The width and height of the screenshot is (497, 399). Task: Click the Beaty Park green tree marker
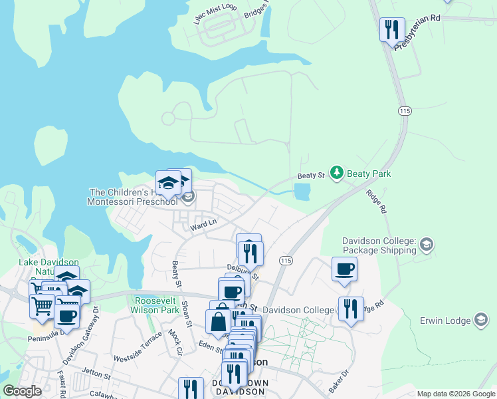click(338, 174)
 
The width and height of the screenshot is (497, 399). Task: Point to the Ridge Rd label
click(376, 200)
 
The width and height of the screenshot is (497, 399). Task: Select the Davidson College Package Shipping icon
click(426, 245)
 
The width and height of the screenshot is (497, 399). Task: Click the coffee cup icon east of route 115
click(344, 270)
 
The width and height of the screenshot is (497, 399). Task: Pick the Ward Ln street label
click(203, 224)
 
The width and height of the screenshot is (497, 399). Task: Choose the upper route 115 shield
click(403, 110)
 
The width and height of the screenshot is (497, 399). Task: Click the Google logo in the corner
click(23, 391)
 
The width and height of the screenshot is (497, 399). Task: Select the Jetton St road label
click(95, 374)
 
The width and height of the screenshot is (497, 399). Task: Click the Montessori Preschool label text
click(134, 201)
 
